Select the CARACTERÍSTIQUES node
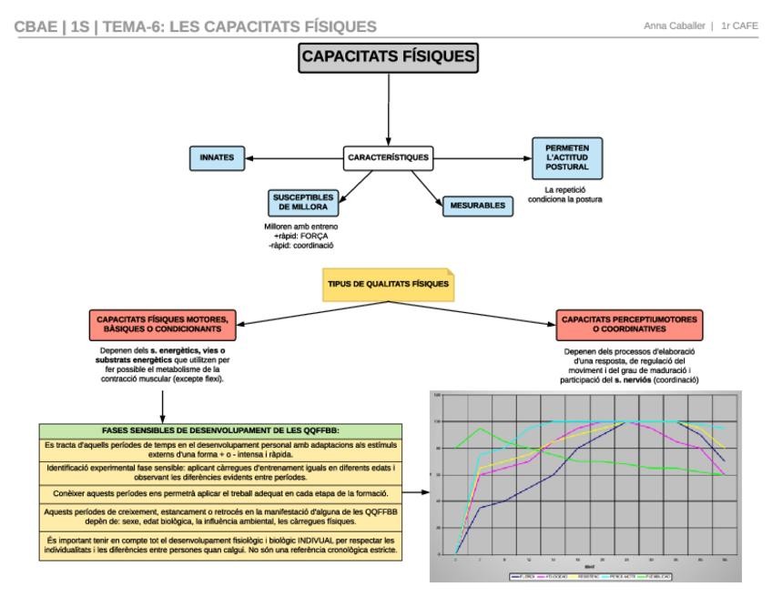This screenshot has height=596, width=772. point(389,157)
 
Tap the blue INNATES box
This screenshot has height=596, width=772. point(217,157)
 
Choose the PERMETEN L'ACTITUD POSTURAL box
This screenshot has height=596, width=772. point(567,157)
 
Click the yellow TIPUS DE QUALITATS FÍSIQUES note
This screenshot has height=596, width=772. point(388,284)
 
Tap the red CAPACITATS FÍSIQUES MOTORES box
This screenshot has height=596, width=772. point(162,325)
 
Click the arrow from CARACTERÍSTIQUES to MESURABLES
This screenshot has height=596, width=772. point(430,186)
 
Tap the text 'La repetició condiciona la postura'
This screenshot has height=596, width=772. point(567,194)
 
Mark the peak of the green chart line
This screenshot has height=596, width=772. point(480,428)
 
